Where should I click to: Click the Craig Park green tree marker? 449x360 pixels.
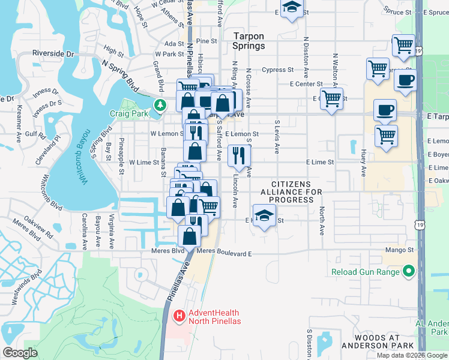pos(159,106)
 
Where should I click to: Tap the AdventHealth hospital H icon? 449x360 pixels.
pos(178,316)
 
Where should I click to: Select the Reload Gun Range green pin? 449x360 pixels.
pos(409,272)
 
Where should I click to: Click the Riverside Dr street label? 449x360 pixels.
pos(53,53)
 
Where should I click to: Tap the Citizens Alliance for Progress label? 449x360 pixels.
pos(291,192)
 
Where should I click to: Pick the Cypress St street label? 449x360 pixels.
pos(277,70)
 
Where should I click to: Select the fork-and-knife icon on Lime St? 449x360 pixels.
pos(239,157)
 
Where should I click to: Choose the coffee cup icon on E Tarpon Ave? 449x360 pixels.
pos(385,110)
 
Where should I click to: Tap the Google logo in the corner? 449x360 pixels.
pos(20,353)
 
